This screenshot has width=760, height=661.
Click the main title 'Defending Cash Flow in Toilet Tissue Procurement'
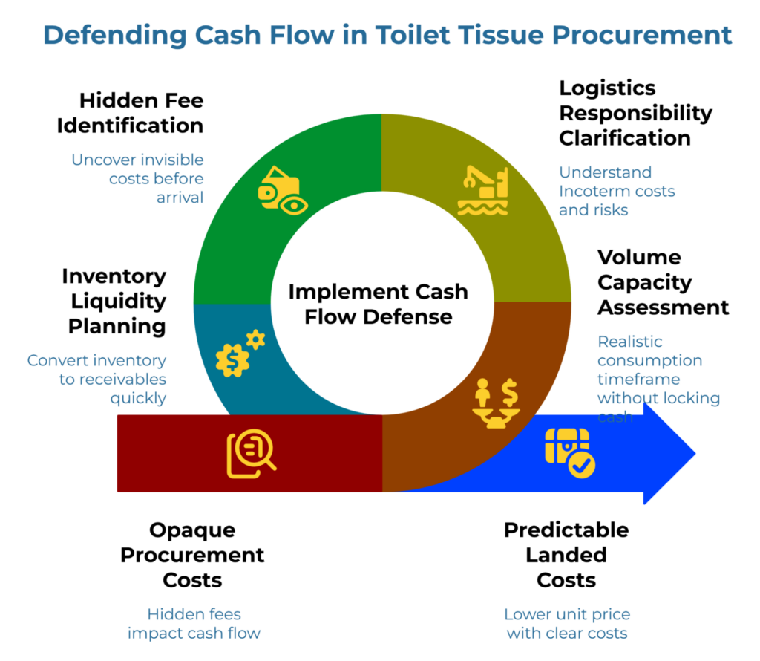coord(387,35)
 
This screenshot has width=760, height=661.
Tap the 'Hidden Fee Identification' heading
coord(130,113)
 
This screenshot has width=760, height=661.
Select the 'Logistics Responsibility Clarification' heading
coord(635,113)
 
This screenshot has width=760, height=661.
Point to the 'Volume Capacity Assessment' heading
coord(663,282)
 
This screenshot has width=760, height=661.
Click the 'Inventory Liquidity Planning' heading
coord(114,301)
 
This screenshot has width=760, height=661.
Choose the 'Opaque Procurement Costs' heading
coord(192,555)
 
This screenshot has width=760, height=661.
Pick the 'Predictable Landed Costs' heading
coord(566,555)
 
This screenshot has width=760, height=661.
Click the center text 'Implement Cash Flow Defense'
coord(378,304)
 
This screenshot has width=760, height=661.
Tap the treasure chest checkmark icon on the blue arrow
coord(569,452)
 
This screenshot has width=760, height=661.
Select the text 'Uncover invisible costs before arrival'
coord(138,179)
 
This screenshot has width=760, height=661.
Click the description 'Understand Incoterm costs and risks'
coord(616,191)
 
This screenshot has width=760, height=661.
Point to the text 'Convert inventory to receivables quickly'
coord(97,379)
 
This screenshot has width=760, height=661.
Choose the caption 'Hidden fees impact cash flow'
coord(194,624)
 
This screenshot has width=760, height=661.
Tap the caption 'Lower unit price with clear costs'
coord(567,624)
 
